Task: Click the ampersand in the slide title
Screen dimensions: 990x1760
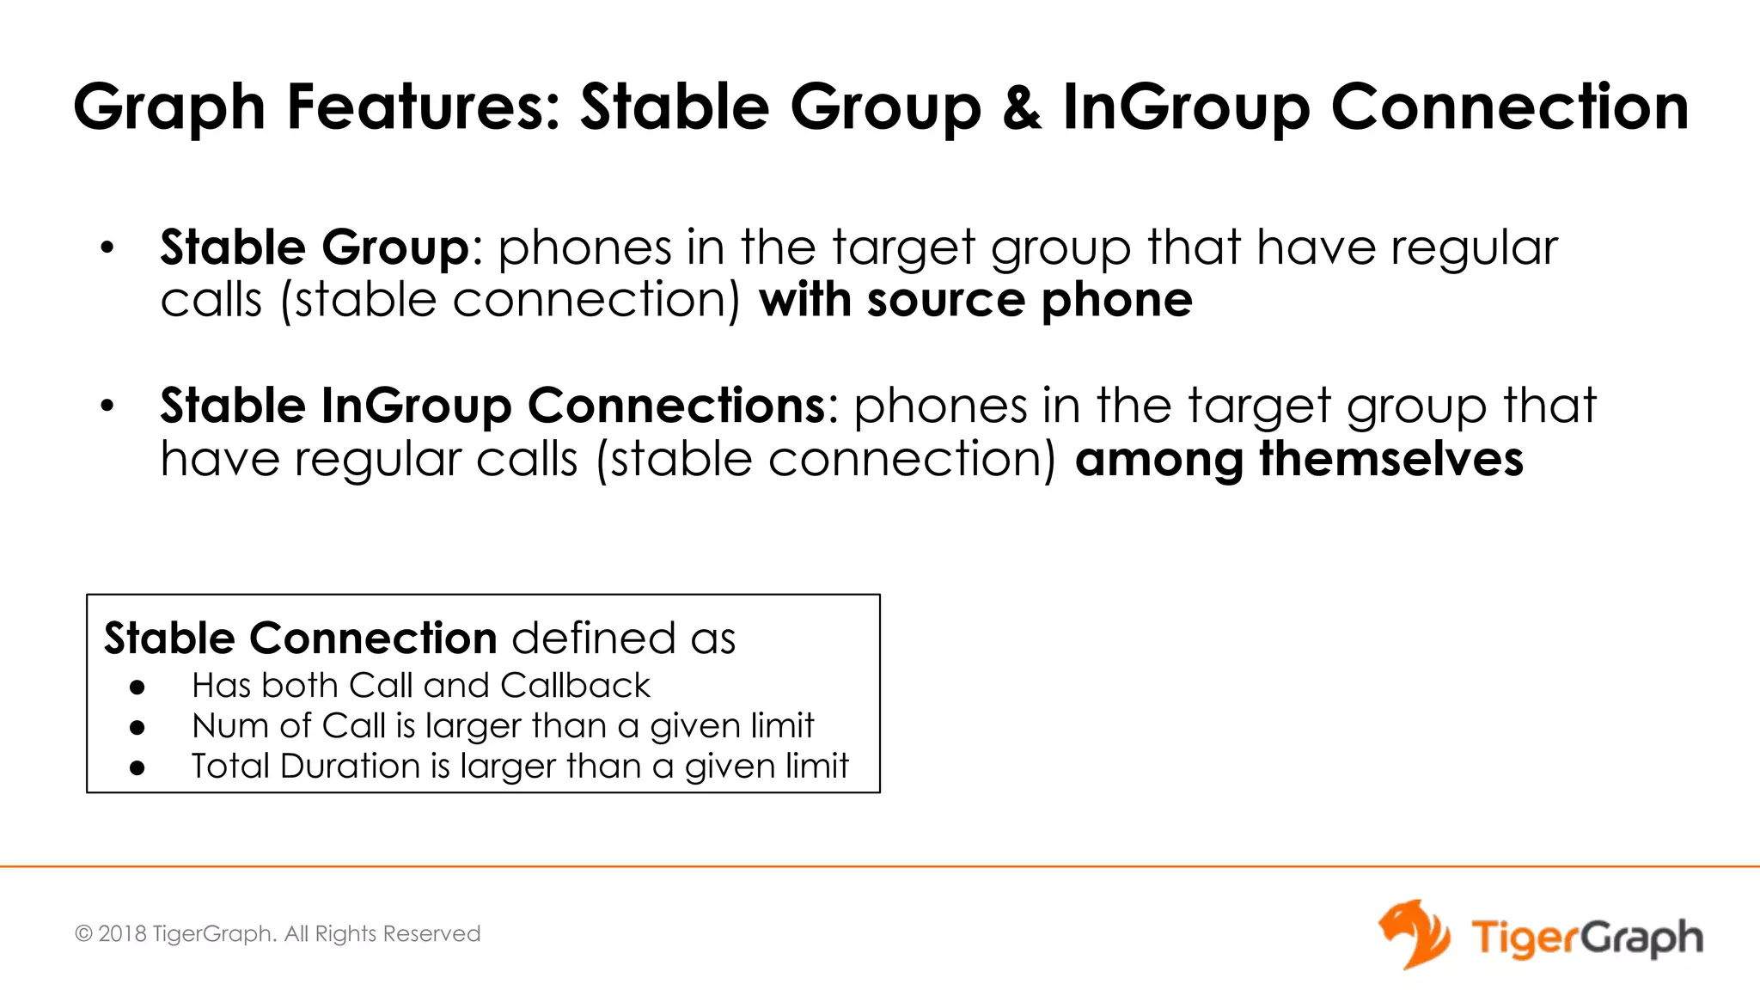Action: tap(1022, 108)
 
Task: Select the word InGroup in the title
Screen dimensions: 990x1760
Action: tap(1185, 108)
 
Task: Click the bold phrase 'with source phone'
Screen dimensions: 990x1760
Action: tap(975, 300)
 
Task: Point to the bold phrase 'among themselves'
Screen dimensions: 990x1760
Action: tap(1299, 459)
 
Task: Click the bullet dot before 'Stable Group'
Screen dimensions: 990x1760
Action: tap(107, 249)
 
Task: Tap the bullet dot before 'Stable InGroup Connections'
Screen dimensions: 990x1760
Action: tap(107, 406)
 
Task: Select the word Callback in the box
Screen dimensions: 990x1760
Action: tap(575, 686)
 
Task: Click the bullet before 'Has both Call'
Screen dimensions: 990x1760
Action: tap(137, 687)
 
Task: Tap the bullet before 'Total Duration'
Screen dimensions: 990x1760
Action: tap(137, 767)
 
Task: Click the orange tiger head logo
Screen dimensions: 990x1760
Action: tap(1414, 934)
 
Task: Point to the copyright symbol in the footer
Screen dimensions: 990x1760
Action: tap(83, 934)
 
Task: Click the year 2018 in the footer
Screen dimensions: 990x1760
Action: tap(122, 934)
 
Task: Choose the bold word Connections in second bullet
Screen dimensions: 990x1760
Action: tap(676, 406)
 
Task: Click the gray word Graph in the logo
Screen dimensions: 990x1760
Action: tap(1642, 938)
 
